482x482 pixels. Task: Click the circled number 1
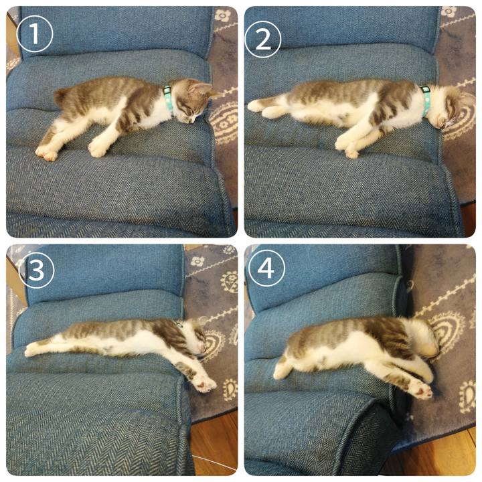tap(35, 34)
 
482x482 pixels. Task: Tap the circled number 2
tap(263, 39)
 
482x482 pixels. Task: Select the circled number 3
tap(36, 270)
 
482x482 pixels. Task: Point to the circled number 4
tap(266, 268)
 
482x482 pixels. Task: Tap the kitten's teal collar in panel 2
tap(426, 100)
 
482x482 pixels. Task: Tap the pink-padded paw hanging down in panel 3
tap(204, 384)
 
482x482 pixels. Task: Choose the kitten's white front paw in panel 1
tap(98, 147)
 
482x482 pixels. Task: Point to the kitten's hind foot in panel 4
tap(282, 370)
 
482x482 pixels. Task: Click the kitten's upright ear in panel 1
tap(199, 87)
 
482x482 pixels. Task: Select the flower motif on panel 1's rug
tap(222, 15)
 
